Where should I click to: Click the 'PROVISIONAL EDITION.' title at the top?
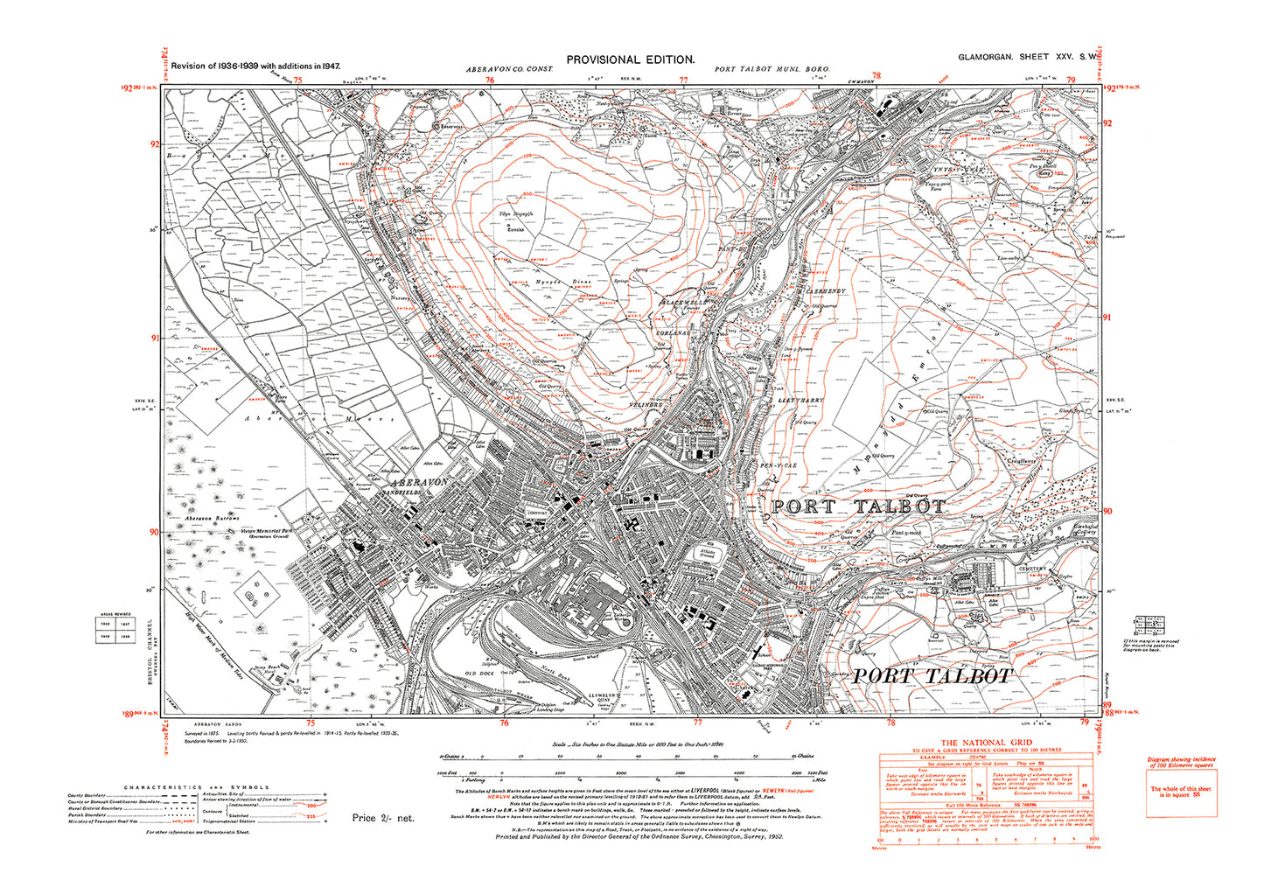[x=630, y=59]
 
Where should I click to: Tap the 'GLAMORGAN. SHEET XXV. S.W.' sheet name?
[x=1028, y=57]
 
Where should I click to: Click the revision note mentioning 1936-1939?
[x=255, y=66]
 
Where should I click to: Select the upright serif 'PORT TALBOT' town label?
[x=857, y=506]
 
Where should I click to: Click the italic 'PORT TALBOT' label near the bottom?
[x=932, y=676]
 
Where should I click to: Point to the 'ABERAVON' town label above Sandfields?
[x=420, y=482]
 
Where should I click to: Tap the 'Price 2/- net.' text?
[x=383, y=818]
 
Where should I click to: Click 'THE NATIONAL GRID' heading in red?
[x=986, y=743]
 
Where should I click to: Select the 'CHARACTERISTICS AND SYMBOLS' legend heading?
[x=197, y=787]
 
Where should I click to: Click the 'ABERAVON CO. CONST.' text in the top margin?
[x=510, y=68]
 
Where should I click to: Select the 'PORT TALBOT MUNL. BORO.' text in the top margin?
[x=772, y=68]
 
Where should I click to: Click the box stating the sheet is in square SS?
[x=1181, y=793]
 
